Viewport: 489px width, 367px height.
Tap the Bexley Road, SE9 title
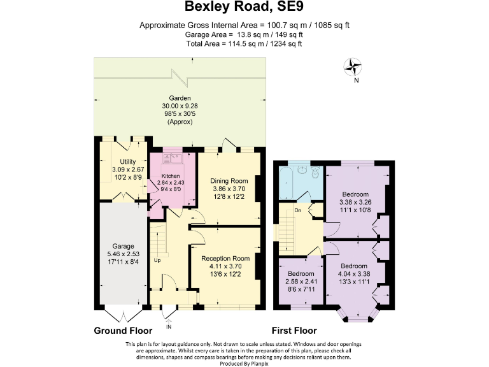point(244,8)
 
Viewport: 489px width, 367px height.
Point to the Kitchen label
point(170,175)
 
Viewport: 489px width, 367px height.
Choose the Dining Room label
point(228,181)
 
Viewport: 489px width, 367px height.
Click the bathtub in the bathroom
point(284,181)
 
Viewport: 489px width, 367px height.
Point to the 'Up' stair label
point(156,259)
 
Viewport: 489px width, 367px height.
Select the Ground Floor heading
point(123,331)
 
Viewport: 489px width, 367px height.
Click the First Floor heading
point(294,331)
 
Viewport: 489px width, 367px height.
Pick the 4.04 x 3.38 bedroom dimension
point(353,274)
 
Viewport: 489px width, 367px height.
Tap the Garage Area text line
point(244,34)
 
